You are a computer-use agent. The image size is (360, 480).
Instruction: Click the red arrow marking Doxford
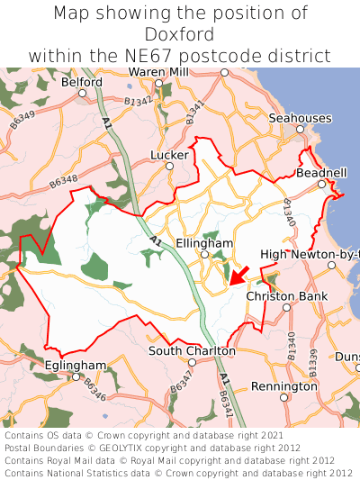[238, 273]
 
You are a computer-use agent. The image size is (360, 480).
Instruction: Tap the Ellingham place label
[204, 244]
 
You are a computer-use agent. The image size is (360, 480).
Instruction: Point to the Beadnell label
[321, 172]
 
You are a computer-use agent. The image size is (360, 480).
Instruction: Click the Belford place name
[82, 81]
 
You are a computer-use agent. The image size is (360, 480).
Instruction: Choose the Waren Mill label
[158, 71]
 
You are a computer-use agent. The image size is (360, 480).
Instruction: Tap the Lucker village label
[170, 155]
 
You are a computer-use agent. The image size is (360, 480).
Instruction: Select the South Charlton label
[192, 350]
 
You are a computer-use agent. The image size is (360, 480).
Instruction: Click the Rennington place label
[283, 386]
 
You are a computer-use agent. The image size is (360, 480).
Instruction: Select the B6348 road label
[64, 182]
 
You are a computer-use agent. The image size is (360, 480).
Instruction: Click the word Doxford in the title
[179, 34]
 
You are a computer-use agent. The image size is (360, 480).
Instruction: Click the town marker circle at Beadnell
[321, 184]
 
